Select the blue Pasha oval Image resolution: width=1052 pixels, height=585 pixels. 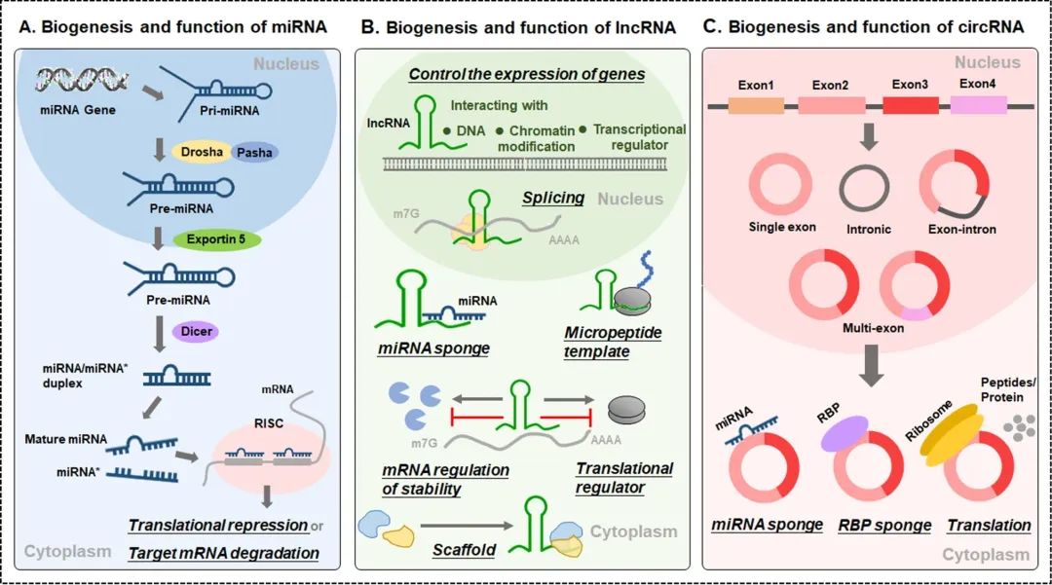254,153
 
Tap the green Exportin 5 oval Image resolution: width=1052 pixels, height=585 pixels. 217,238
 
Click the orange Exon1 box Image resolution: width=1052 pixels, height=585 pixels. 757,104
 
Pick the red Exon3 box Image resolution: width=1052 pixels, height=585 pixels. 910,105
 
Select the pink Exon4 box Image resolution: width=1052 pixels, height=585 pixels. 979,104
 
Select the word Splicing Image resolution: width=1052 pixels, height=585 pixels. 552,198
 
